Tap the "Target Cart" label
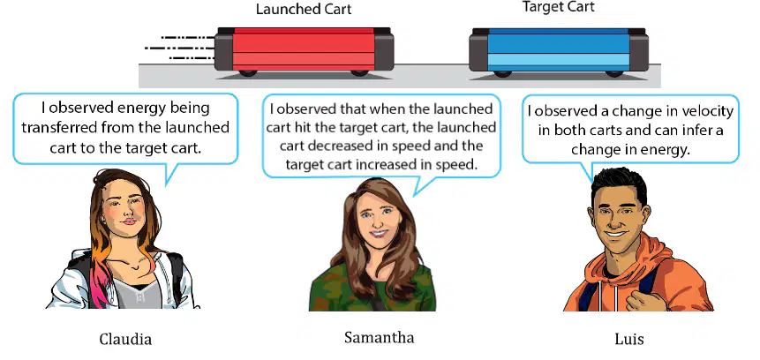click(558, 7)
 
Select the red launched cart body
click(304, 49)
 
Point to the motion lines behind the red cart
click(180, 48)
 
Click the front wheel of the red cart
click(359, 73)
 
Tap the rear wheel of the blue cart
click(502, 73)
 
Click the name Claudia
click(125, 339)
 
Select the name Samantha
click(379, 337)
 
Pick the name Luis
click(629, 339)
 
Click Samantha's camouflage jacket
click(372, 289)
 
